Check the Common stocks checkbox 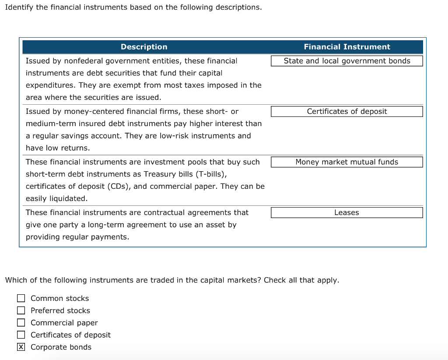click(x=21, y=298)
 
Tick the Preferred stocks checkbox click(x=21, y=311)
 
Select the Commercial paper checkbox click(x=21, y=323)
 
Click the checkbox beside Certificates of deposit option click(x=21, y=335)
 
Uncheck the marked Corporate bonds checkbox click(x=21, y=347)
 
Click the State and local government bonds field click(x=346, y=61)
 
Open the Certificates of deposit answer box click(x=346, y=111)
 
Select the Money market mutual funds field click(x=346, y=162)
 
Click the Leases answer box click(x=346, y=212)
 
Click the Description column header click(x=144, y=47)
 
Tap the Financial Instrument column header click(x=347, y=47)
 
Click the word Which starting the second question click(x=15, y=280)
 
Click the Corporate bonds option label click(x=61, y=347)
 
